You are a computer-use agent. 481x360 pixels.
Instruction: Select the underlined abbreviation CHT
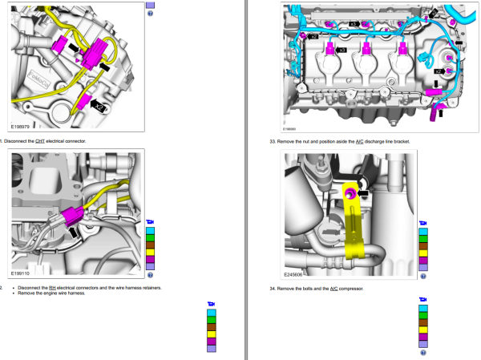(41, 141)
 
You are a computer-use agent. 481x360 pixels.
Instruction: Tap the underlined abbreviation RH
(52, 287)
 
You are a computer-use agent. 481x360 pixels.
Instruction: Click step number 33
(272, 141)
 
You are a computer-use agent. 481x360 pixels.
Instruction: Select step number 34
(272, 288)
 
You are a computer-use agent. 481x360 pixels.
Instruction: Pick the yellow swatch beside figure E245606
(423, 253)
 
